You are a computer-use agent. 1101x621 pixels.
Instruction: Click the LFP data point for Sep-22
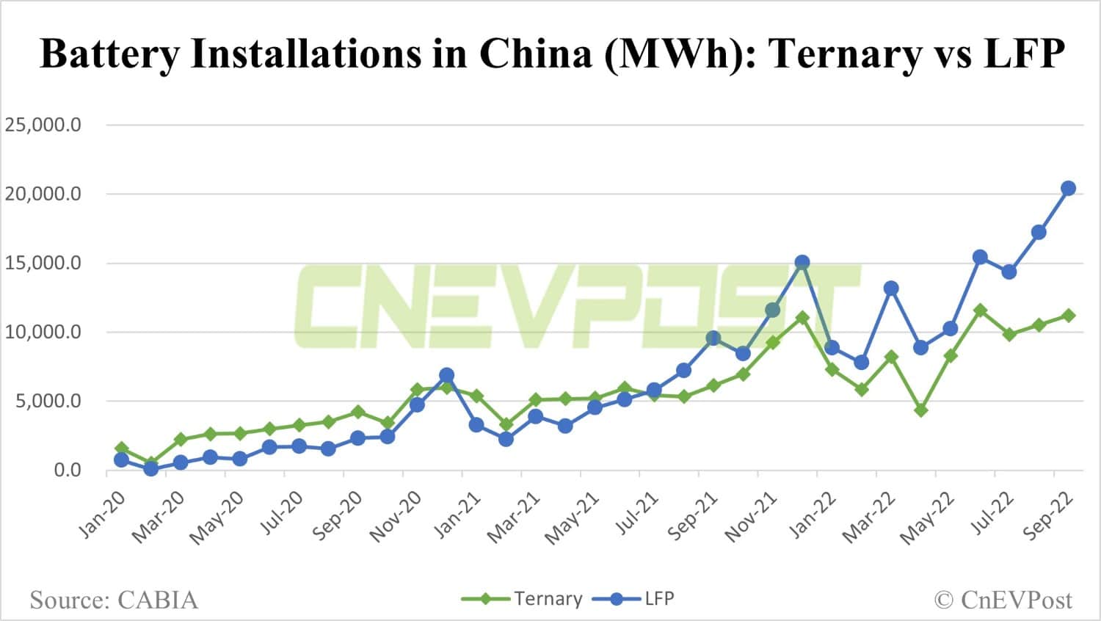pyautogui.click(x=1068, y=189)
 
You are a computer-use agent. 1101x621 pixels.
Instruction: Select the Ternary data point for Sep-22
pyautogui.click(x=1068, y=316)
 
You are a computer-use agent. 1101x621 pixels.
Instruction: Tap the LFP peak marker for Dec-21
pyautogui.click(x=802, y=262)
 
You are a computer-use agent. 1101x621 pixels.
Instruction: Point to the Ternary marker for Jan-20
pyautogui.click(x=122, y=448)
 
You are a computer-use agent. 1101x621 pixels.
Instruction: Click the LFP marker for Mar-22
pyautogui.click(x=891, y=288)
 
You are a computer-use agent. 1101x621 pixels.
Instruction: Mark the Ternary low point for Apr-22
pyautogui.click(x=920, y=410)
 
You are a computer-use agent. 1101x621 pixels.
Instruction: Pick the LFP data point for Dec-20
pyautogui.click(x=447, y=375)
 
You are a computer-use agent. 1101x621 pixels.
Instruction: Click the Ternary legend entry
pyautogui.click(x=523, y=599)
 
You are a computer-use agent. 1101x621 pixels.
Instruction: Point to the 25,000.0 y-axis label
pyautogui.click(x=43, y=125)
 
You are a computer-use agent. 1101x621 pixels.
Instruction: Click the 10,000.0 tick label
pyautogui.click(x=43, y=332)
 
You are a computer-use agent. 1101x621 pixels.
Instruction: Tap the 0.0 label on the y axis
pyautogui.click(x=67, y=470)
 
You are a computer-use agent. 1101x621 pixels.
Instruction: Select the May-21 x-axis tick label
pyautogui.click(x=573, y=518)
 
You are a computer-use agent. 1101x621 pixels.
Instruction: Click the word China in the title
pyautogui.click(x=534, y=54)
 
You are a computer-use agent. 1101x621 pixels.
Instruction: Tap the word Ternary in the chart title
pyautogui.click(x=845, y=54)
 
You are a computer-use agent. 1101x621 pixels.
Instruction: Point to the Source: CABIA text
pyautogui.click(x=114, y=600)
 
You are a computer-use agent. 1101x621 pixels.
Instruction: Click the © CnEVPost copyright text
pyautogui.click(x=1003, y=600)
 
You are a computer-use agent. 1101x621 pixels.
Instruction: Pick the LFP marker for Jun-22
pyautogui.click(x=980, y=257)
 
